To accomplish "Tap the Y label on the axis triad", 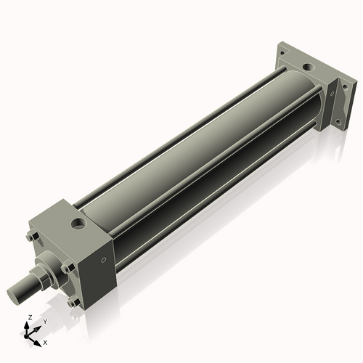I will (x=44, y=321).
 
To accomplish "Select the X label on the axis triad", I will (x=46, y=341).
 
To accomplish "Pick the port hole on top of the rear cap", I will (x=309, y=68).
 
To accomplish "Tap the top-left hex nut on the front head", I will (x=30, y=236).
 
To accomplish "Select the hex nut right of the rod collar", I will (x=68, y=268).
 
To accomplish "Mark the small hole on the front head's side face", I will (x=104, y=260).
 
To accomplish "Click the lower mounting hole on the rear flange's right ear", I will (x=336, y=116).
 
